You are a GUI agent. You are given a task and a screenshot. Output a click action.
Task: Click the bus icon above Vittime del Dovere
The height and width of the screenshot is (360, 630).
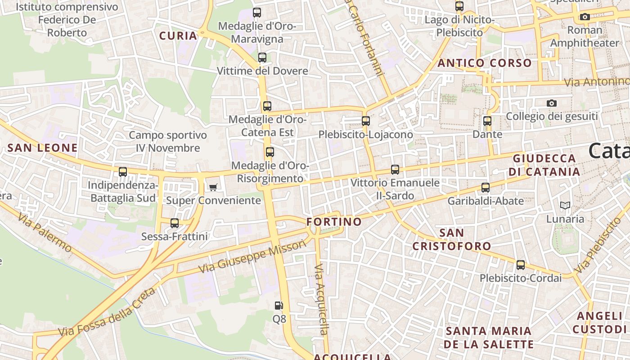point(262,58)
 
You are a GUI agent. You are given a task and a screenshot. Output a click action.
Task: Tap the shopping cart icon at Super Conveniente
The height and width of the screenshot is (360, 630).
point(213,187)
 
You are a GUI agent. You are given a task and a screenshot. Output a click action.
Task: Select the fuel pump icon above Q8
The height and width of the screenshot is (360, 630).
point(279,306)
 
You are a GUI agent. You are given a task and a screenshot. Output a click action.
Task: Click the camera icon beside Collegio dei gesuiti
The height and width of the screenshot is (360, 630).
point(552,103)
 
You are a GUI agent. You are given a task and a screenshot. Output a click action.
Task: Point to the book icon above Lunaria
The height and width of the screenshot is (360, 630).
point(565,206)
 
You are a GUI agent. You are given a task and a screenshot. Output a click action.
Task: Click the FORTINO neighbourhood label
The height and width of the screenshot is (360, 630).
point(334,222)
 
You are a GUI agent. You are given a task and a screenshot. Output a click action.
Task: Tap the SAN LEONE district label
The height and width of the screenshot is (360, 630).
point(43,148)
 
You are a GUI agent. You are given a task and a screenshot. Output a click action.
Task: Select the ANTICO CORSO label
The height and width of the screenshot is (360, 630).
point(484,63)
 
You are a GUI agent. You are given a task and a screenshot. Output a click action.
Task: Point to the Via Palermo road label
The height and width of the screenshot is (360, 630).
point(45,233)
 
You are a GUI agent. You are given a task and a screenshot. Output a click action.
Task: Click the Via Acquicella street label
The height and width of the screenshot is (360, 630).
point(320,299)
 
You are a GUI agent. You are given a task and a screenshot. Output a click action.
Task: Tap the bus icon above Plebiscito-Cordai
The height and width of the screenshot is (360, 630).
point(521,265)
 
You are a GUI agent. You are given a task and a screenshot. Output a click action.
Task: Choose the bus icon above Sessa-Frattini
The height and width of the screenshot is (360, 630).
point(175,223)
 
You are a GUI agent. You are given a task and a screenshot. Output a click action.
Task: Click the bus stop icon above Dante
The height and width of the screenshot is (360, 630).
point(487,121)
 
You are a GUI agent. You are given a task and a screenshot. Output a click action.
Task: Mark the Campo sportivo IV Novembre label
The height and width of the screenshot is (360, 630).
point(168,141)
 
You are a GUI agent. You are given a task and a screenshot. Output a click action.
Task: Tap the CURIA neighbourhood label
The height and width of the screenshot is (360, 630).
point(179,36)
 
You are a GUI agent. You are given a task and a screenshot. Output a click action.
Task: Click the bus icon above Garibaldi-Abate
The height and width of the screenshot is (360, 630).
point(486,188)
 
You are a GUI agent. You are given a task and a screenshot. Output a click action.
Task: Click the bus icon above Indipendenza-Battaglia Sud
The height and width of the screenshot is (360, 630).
point(123,172)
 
